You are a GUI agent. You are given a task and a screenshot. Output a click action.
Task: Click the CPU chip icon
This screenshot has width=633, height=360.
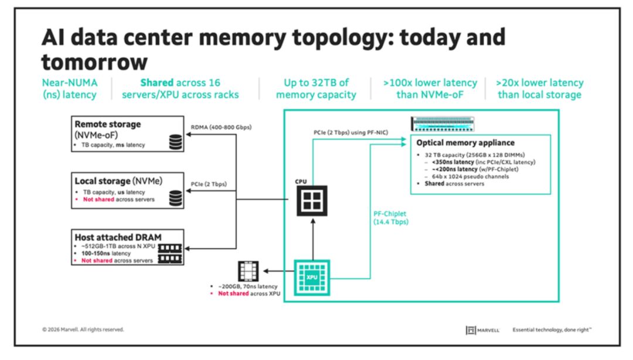(312, 201)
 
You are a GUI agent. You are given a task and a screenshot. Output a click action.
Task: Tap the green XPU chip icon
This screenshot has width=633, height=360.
(312, 277)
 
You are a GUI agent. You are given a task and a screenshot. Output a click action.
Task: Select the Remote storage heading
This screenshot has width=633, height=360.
(108, 124)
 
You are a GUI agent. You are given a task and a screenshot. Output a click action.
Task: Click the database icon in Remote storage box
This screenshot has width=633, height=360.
(176, 142)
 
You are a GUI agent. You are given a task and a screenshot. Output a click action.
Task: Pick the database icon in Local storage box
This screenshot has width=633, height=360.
(176, 198)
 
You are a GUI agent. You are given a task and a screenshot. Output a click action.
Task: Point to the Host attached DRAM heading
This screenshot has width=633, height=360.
(118, 237)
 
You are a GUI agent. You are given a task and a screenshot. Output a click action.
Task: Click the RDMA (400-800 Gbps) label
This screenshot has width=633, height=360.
(221, 127)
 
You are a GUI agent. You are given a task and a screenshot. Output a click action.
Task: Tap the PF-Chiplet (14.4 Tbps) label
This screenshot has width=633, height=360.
(390, 218)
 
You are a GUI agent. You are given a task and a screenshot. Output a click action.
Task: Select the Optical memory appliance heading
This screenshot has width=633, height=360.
(465, 142)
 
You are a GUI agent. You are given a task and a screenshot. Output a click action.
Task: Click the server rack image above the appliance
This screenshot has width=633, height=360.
(443, 124)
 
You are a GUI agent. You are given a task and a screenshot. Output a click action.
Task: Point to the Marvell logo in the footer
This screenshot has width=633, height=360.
(482, 330)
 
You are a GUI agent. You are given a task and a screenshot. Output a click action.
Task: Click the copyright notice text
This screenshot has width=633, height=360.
(83, 330)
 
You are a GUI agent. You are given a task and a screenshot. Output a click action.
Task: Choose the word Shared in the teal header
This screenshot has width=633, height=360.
(156, 83)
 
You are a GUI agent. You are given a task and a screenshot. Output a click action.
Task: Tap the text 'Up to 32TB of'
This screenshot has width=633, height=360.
(316, 83)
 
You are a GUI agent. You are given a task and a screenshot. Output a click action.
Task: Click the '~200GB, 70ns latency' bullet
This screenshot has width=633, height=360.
(247, 287)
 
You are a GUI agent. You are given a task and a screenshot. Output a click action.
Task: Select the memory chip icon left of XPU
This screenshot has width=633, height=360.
(248, 271)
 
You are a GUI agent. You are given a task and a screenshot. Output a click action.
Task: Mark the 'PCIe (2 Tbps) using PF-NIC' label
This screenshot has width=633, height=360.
(351, 133)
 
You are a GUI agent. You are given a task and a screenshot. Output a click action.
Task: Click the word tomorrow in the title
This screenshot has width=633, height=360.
(94, 62)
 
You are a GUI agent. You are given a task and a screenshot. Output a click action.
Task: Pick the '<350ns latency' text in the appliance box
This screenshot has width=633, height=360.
(452, 162)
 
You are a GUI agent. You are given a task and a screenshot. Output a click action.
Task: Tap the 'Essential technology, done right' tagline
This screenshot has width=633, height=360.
(552, 330)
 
